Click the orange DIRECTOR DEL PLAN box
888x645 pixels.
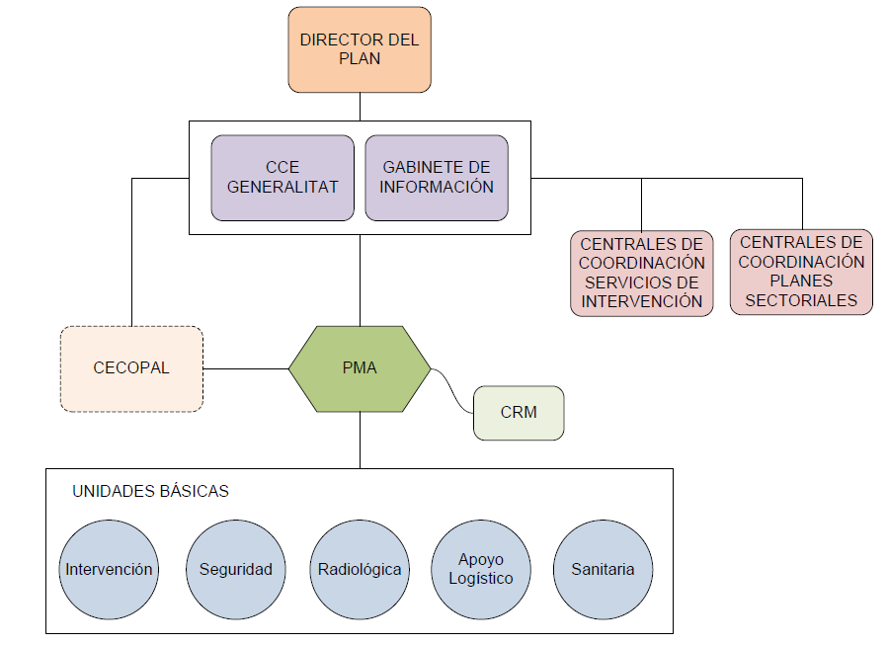pyautogui.click(x=360, y=49)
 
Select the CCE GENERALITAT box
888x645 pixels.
pyautogui.click(x=283, y=178)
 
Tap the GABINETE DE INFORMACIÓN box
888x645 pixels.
pyautogui.click(x=437, y=178)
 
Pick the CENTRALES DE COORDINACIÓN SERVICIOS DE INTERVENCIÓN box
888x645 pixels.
pyautogui.click(x=642, y=273)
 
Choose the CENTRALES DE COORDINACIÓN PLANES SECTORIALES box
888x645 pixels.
pyautogui.click(x=801, y=272)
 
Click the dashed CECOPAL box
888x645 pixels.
pyautogui.click(x=131, y=368)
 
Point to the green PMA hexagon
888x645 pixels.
pyautogui.click(x=360, y=368)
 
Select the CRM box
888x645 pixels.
pyautogui.click(x=519, y=412)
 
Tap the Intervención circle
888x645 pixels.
pyautogui.click(x=109, y=569)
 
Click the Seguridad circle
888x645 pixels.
pyautogui.click(x=235, y=569)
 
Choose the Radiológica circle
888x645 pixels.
pyautogui.click(x=360, y=569)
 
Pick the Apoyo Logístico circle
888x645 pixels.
pyautogui.click(x=481, y=569)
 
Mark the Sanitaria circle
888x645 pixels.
pyautogui.click(x=603, y=569)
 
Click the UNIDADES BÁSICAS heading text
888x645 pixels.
pyautogui.click(x=150, y=491)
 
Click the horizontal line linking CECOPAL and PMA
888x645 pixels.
pyautogui.click(x=245, y=368)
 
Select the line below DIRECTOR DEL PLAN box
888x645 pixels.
pyautogui.click(x=360, y=107)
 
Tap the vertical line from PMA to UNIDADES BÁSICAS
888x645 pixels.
pyautogui.click(x=360, y=441)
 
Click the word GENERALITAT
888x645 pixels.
pyautogui.click(x=283, y=187)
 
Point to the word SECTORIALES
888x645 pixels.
pyautogui.click(x=801, y=300)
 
